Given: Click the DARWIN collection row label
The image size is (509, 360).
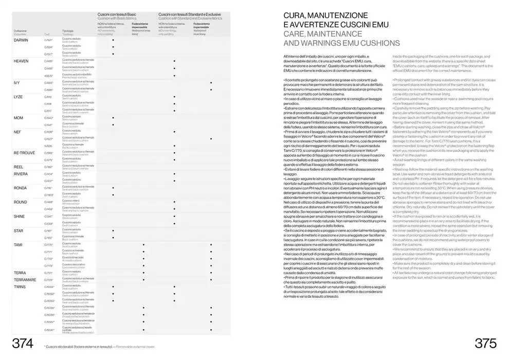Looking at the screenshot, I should pyautogui.click(x=21, y=40).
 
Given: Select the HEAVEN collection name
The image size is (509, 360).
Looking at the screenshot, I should pyautogui.click(x=21, y=61).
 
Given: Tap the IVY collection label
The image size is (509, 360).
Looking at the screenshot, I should pyautogui.click(x=17, y=82).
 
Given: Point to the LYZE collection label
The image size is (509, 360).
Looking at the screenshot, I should pyautogui.click(x=18, y=97).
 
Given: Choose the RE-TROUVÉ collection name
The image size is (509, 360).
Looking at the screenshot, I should pyautogui.click(x=24, y=153).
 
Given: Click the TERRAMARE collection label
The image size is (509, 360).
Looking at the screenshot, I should pyautogui.click(x=25, y=279).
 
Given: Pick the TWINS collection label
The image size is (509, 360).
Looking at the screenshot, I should pyautogui.click(x=20, y=286).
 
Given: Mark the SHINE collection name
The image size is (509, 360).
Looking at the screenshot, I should pyautogui.click(x=19, y=217).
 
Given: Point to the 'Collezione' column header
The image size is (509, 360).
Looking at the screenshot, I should pyautogui.click(x=21, y=31).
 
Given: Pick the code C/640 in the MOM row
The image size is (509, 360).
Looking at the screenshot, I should pyautogui.click(x=49, y=118).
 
